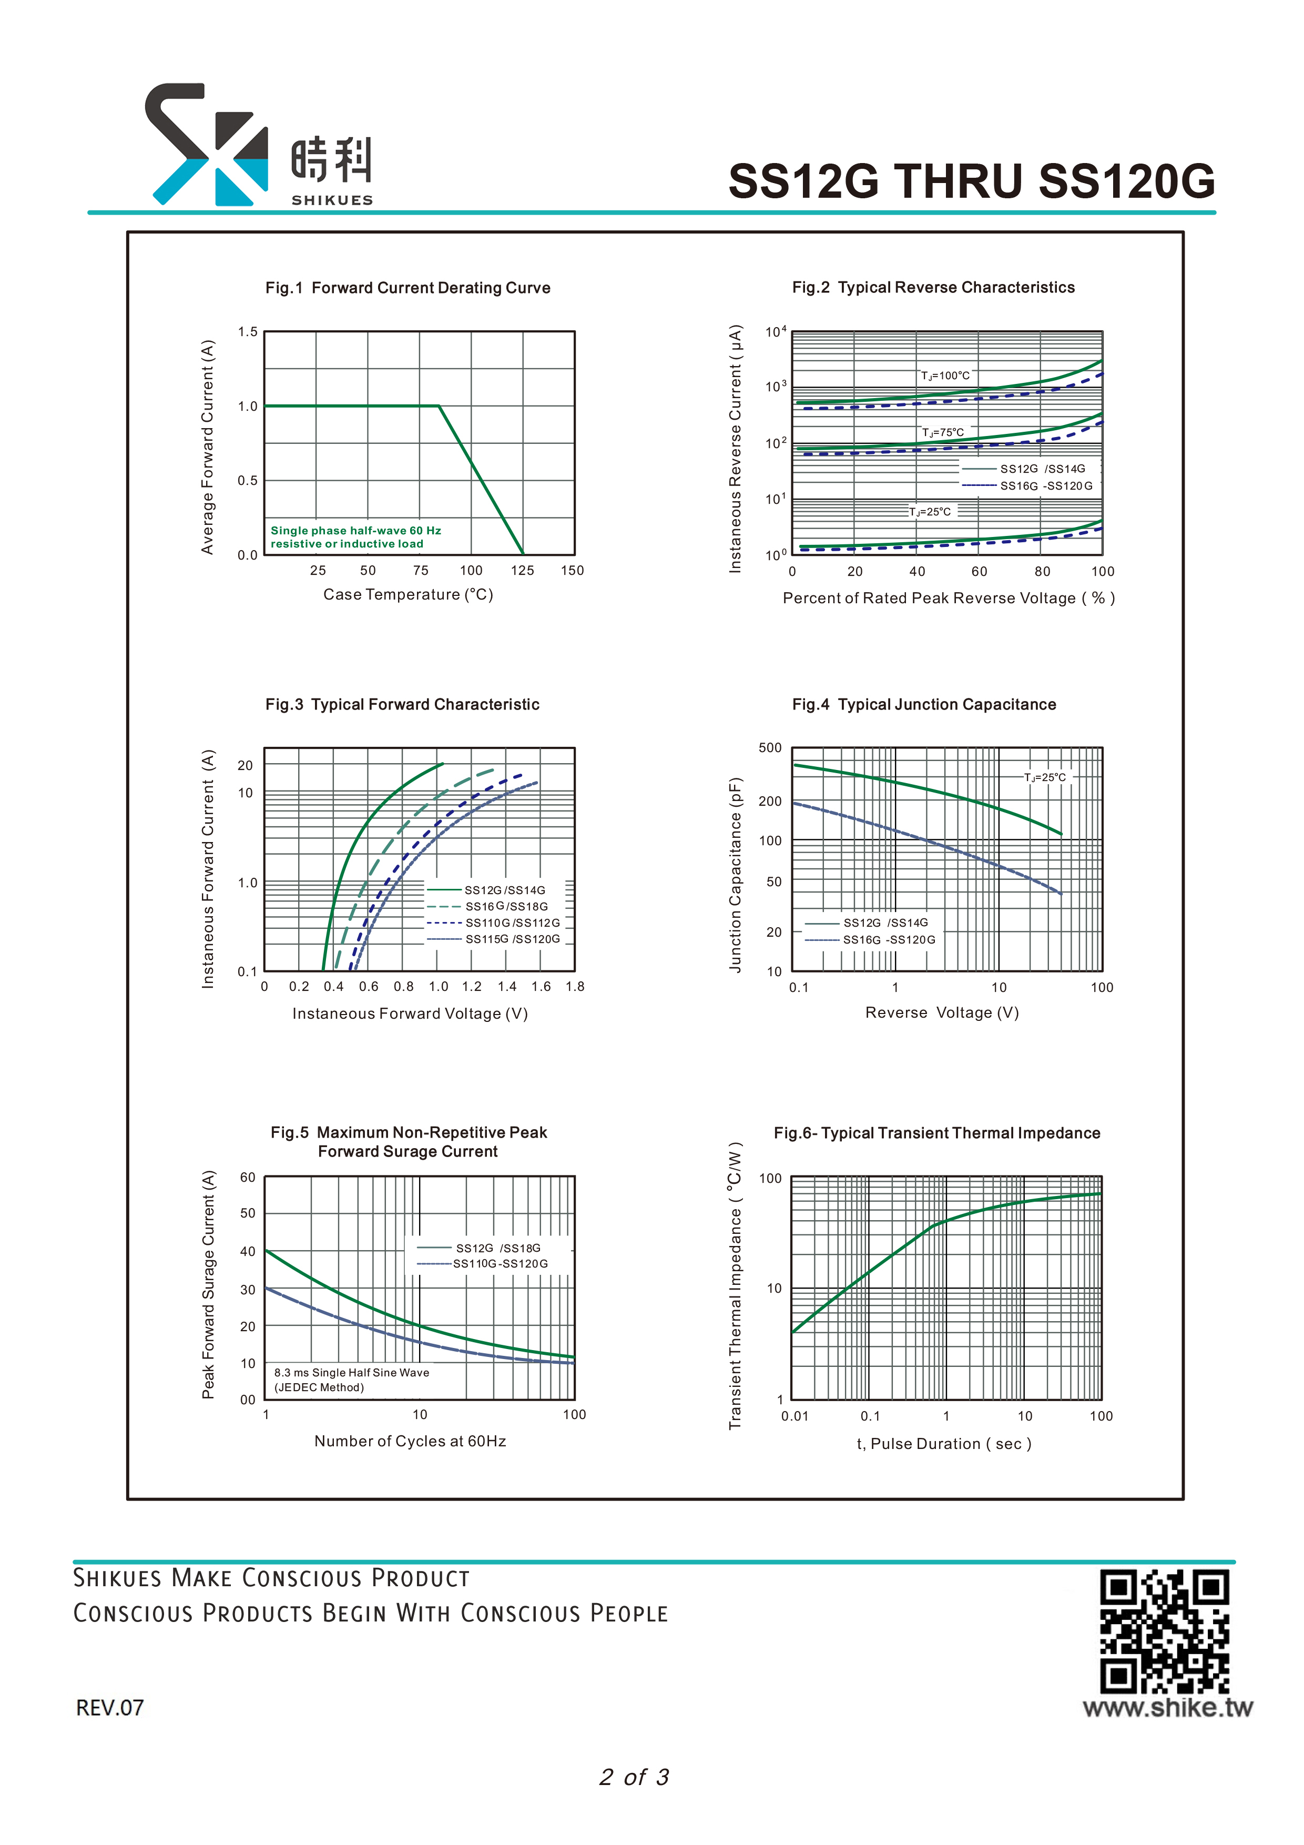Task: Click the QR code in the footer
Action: click(1164, 1631)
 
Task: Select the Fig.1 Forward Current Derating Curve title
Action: click(408, 288)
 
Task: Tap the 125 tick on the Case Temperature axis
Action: click(522, 571)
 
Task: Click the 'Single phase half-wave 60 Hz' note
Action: click(356, 530)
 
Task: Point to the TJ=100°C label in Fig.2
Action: click(945, 376)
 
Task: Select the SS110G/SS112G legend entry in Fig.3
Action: click(493, 922)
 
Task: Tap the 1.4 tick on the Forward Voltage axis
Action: click(507, 987)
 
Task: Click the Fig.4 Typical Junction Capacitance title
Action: click(924, 705)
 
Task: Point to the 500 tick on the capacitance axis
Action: click(770, 748)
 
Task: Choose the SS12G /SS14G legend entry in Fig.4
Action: click(866, 922)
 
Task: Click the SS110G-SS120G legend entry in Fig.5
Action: click(482, 1264)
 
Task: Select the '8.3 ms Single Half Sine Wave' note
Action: click(352, 1373)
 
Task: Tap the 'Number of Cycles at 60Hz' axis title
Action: click(411, 1441)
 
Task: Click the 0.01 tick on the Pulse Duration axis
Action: click(794, 1416)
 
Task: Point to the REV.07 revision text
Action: click(110, 1708)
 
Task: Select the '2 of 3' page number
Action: click(634, 1777)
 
